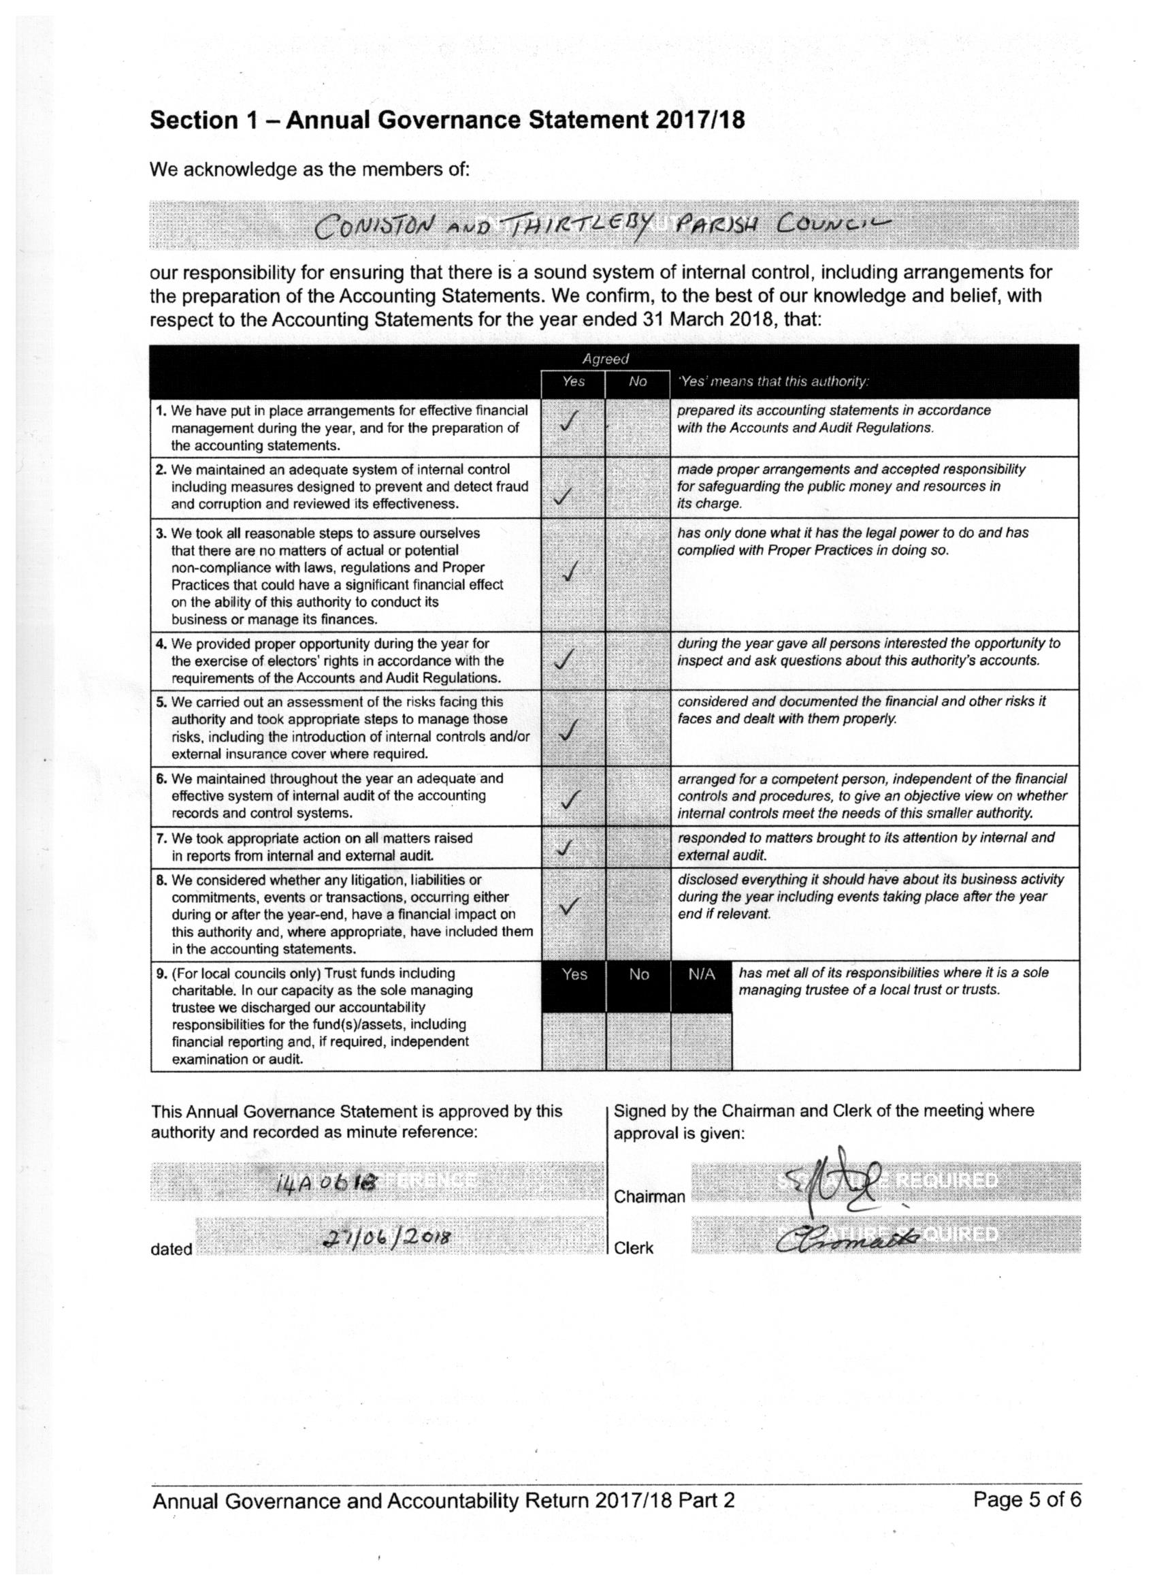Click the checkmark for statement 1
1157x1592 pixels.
point(570,422)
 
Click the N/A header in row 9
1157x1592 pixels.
point(701,975)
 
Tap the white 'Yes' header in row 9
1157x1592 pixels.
point(574,975)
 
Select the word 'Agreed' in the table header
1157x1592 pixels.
point(606,360)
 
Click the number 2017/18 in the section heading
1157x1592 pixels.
point(700,121)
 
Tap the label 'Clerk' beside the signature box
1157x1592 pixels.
point(633,1248)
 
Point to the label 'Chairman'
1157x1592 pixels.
point(649,1197)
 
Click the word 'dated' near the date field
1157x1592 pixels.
point(172,1249)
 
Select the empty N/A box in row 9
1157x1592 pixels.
point(701,1041)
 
